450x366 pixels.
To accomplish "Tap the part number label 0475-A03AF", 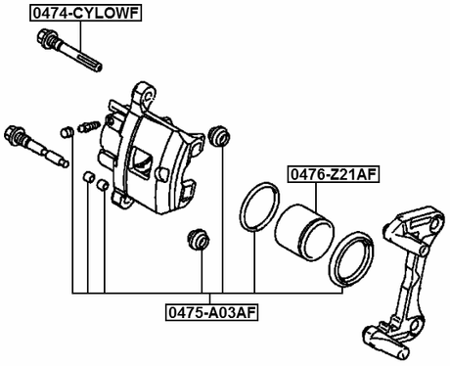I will [x=212, y=313].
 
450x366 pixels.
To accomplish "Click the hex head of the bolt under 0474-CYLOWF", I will [x=45, y=39].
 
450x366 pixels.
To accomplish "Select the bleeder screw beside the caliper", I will [x=86, y=125].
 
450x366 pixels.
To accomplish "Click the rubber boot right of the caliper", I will [x=221, y=134].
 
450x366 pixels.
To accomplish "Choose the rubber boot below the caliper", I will [x=199, y=239].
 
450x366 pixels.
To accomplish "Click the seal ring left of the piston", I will [x=256, y=209].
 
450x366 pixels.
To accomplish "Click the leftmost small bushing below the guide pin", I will [x=86, y=178].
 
